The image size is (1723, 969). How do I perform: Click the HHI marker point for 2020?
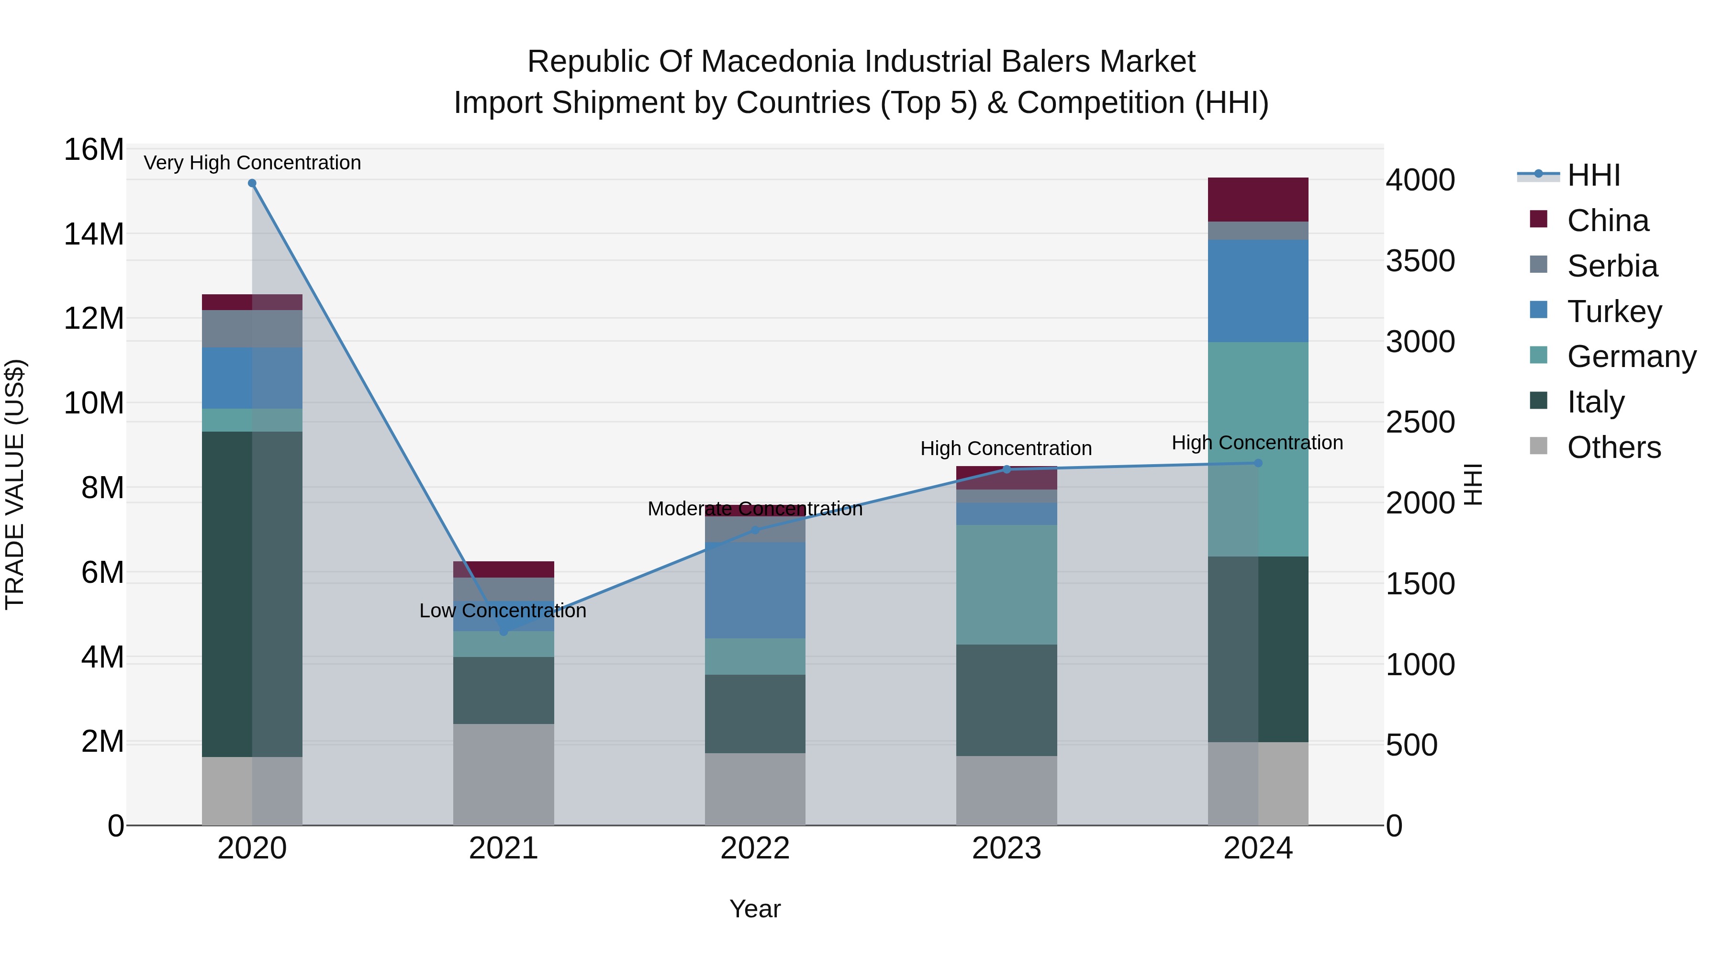[x=252, y=183]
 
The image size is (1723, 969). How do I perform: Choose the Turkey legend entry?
[x=1614, y=312]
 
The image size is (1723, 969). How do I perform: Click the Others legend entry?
[x=1613, y=447]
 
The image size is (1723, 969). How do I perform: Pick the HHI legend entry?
[x=1593, y=175]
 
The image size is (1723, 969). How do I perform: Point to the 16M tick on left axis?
[x=94, y=149]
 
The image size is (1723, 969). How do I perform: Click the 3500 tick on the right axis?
[x=1420, y=261]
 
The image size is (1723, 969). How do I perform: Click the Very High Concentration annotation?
[x=252, y=163]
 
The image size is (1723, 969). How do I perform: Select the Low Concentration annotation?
[x=503, y=611]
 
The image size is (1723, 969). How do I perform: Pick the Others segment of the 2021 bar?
[x=503, y=774]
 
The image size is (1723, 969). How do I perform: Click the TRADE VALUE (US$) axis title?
[x=15, y=484]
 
